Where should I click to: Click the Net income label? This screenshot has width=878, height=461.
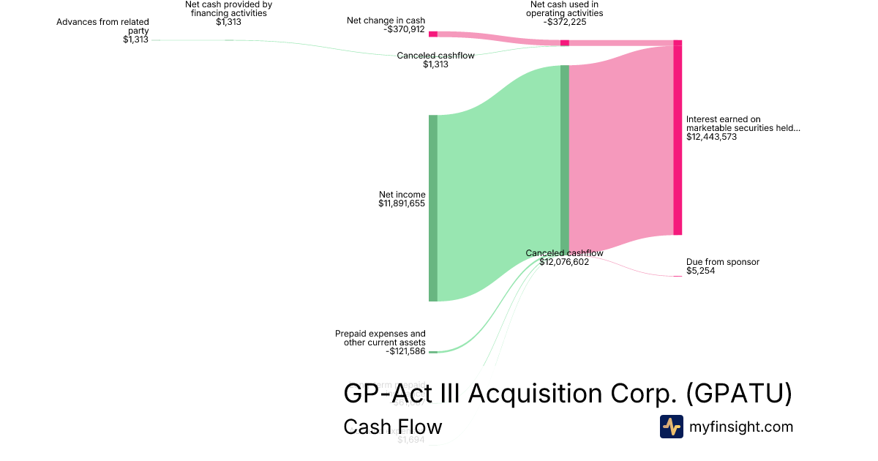[x=402, y=195]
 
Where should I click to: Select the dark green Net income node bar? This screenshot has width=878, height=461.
[x=433, y=208]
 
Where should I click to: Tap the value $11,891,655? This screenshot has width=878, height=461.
[x=402, y=203]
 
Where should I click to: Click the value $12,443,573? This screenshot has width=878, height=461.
[x=711, y=137]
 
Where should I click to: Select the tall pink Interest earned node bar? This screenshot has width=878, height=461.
[x=678, y=139]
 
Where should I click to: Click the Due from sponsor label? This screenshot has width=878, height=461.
[x=722, y=262]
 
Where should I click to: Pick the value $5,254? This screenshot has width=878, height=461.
[x=700, y=271]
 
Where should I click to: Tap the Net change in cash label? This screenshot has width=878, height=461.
[x=386, y=20]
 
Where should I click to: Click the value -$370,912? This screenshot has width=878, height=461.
[x=404, y=29]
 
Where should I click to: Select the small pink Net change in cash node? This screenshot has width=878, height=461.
[x=433, y=34]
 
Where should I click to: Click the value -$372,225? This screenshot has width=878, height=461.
[x=565, y=22]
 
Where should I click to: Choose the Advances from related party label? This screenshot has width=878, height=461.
[x=102, y=26]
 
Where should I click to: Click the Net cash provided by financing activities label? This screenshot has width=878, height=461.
[x=228, y=9]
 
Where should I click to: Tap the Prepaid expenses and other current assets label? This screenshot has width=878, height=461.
[x=380, y=338]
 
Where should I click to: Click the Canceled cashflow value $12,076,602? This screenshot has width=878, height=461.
[x=564, y=262]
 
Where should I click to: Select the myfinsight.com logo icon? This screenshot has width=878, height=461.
[x=672, y=427]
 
